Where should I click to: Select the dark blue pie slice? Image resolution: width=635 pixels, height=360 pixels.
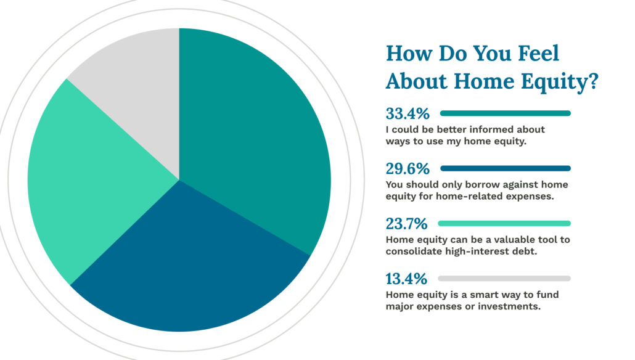pos(186,263)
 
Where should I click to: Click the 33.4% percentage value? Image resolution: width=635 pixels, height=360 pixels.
pos(408,114)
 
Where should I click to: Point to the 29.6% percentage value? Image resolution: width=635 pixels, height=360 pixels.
pos(408,169)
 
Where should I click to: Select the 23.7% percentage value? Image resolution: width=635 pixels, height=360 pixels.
pos(407,224)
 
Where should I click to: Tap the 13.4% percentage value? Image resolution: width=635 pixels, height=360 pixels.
pos(406,279)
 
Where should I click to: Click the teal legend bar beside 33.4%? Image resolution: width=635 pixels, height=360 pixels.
pos(506,113)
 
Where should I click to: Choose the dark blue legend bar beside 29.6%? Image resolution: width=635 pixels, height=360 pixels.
pos(506,168)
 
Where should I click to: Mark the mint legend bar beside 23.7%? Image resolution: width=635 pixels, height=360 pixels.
pos(504,224)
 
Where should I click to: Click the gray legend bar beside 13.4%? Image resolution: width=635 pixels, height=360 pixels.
pos(504,279)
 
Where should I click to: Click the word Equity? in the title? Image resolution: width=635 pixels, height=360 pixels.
pos(560,82)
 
